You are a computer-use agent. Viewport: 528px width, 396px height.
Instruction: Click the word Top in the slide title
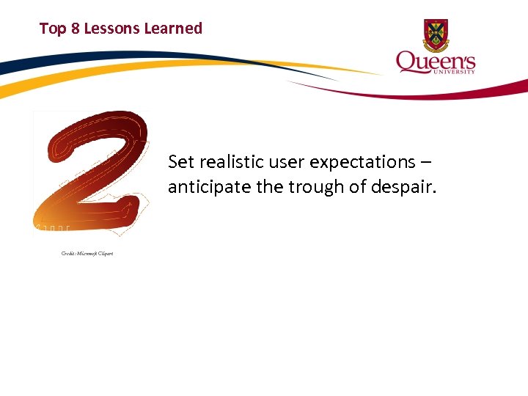[x=52, y=29]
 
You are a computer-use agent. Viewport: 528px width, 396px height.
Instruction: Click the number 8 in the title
[x=74, y=29]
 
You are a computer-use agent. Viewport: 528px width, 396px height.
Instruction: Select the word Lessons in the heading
[x=111, y=29]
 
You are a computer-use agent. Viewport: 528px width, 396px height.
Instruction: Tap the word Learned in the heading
[x=173, y=29]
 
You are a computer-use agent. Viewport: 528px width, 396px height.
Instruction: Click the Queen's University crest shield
[x=436, y=34]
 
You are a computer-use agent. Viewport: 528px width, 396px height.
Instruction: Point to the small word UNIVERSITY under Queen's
[x=456, y=72]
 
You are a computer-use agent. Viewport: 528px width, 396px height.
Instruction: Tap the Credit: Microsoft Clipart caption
[x=87, y=254]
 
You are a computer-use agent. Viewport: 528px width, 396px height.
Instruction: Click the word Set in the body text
[x=180, y=161]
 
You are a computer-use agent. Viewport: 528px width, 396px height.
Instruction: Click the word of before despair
[x=359, y=187]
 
